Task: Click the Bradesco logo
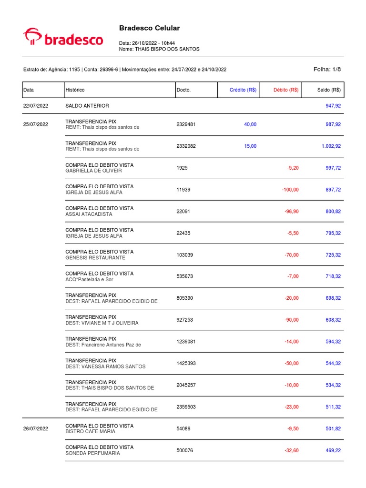(63, 37)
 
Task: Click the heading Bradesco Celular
(149, 28)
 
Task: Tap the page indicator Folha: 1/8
(327, 69)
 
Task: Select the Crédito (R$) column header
(243, 90)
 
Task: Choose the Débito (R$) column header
(286, 90)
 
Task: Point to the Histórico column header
(75, 90)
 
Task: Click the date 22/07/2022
(36, 105)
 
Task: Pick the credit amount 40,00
(250, 124)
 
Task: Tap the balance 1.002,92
(331, 146)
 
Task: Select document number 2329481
(186, 124)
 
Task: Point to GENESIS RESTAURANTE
(95, 258)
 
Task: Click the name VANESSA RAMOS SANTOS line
(105, 366)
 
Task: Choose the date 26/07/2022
(36, 429)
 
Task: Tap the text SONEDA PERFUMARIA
(92, 453)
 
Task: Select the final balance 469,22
(333, 450)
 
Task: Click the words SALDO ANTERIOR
(87, 105)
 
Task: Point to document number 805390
(184, 298)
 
